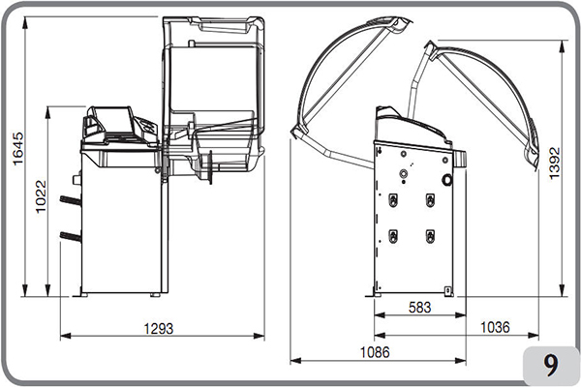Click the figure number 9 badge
550,364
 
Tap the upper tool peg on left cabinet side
69,200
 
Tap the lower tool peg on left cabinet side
69,235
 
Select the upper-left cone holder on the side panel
393,199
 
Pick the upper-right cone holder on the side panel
430,199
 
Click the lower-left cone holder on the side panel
393,235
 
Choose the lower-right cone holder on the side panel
430,235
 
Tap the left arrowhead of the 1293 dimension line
63,337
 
